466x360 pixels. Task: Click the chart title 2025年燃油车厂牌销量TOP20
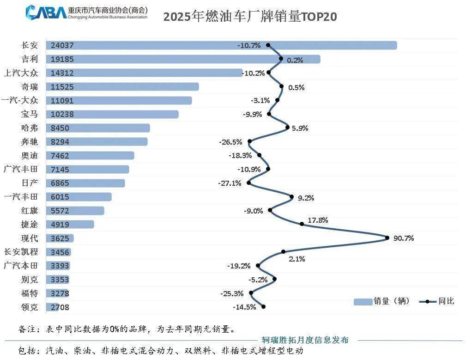coord(250,17)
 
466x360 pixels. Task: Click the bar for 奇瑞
coord(139,86)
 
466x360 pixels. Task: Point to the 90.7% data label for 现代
coord(403,238)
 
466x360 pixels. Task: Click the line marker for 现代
coord(387,238)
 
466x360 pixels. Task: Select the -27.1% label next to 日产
coord(230,183)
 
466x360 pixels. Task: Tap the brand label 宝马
coord(30,114)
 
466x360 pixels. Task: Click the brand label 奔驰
coord(30,141)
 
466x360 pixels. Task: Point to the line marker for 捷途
coord(302,224)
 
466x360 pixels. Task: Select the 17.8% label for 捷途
coord(318,220)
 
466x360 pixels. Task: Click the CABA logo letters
coord(46,12)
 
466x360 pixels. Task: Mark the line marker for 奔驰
coord(250,141)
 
